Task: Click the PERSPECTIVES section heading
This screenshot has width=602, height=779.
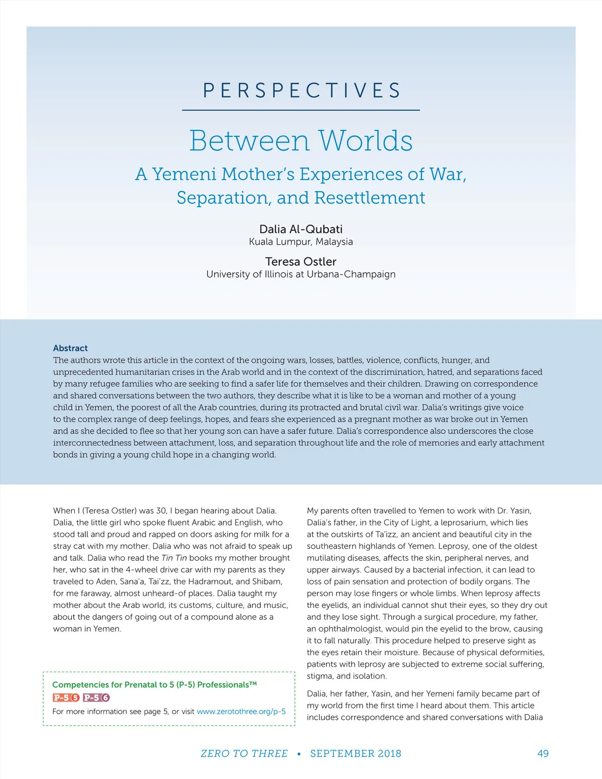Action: pos(301,91)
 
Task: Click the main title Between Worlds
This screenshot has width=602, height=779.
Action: pos(301,140)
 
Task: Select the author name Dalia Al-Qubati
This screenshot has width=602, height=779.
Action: pos(301,229)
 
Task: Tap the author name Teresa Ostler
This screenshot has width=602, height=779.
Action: pos(301,262)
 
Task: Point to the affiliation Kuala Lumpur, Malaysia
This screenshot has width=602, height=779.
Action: pos(301,242)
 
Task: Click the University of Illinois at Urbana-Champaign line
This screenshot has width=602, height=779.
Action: pos(301,274)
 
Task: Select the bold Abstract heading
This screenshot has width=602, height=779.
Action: pos(70,348)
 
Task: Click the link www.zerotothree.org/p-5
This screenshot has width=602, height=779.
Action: pos(241,711)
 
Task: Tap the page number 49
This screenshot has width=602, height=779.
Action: pos(543,753)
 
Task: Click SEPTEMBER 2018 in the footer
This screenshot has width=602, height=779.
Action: pos(356,753)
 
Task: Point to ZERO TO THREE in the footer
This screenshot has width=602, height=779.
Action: pos(244,753)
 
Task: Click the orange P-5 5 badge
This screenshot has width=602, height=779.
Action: pos(66,698)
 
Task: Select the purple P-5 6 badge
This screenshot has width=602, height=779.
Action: pos(96,698)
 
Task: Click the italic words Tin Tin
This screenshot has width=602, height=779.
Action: pos(174,558)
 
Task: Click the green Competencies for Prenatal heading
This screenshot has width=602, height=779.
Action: pos(155,685)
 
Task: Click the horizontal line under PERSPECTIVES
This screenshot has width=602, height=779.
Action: pos(301,110)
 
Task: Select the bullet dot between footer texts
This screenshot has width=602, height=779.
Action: pos(299,754)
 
